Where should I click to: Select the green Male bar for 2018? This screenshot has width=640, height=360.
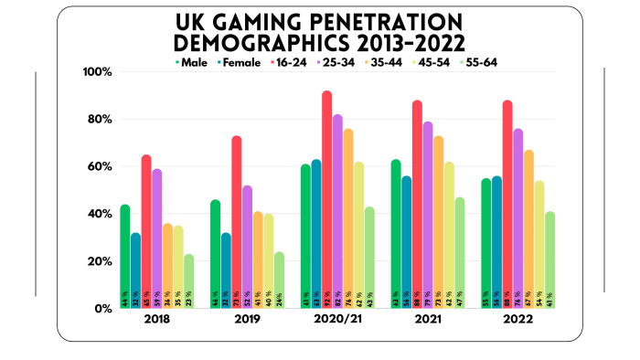[x=124, y=256]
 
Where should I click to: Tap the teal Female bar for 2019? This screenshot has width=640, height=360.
[x=226, y=270]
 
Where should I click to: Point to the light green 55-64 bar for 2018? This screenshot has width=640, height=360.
[x=189, y=281]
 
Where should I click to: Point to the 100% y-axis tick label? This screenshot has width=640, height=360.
[x=97, y=72]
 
